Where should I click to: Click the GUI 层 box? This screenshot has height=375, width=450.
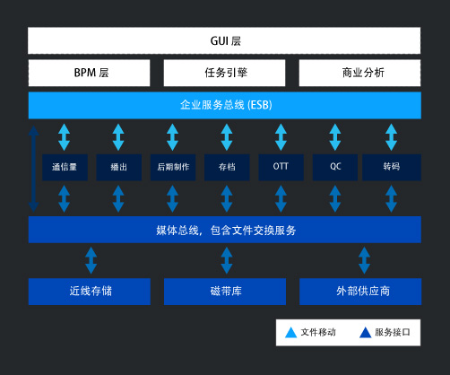(224, 40)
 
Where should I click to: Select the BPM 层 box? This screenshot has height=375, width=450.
(89, 73)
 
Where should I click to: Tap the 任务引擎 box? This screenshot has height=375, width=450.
(224, 73)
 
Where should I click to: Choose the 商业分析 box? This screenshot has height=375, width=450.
(359, 73)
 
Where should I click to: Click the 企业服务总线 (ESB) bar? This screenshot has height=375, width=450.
(225, 105)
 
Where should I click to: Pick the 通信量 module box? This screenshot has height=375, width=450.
(65, 167)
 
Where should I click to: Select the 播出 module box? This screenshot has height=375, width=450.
(119, 167)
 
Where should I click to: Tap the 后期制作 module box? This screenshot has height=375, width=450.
(173, 167)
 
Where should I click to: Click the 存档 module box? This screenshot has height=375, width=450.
(227, 167)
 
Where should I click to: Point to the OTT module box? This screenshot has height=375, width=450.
(281, 167)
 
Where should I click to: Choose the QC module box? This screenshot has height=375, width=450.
(335, 167)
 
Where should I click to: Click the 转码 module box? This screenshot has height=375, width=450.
(392, 167)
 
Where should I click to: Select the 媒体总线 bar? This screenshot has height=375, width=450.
(225, 230)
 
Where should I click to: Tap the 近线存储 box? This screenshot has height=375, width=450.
(90, 292)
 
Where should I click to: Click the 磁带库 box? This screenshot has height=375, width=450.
(225, 292)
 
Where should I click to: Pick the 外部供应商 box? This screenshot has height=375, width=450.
(360, 292)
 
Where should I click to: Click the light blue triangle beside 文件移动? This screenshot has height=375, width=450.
(290, 333)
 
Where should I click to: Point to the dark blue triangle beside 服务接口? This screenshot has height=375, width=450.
(365, 333)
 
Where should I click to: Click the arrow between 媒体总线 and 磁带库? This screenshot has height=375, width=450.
(227, 260)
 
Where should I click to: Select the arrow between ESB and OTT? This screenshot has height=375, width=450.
(281, 137)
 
